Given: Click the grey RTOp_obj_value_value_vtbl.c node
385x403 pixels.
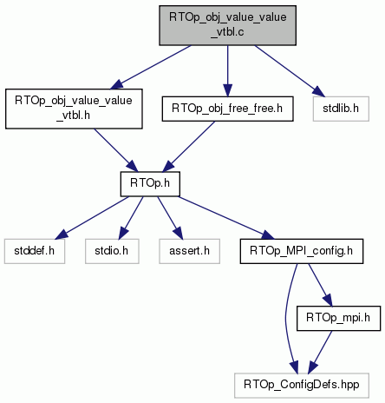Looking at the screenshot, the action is pyautogui.click(x=227, y=25).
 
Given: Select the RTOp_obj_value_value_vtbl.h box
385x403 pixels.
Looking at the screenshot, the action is pyautogui.click(x=74, y=109).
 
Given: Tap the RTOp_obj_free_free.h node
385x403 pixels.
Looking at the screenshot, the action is pyautogui.click(x=227, y=109).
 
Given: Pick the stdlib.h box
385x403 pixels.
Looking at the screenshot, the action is pyautogui.click(x=341, y=109).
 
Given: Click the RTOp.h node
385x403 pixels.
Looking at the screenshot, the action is pyautogui.click(x=150, y=184).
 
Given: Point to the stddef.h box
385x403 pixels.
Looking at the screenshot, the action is pyautogui.click(x=35, y=251).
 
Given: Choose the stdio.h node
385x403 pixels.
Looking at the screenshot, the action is pyautogui.click(x=112, y=251).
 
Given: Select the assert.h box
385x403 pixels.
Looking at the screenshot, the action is pyautogui.click(x=189, y=251).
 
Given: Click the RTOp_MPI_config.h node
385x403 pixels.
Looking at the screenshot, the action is pyautogui.click(x=302, y=251).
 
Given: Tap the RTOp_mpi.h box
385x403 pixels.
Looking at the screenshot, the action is pyautogui.click(x=338, y=318).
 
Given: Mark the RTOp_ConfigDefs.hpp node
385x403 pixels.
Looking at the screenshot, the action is pyautogui.click(x=302, y=386).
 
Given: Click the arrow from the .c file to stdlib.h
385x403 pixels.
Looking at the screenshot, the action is pyautogui.click(x=290, y=71).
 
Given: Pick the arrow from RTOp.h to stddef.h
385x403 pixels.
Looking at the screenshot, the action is pyautogui.click(x=92, y=218).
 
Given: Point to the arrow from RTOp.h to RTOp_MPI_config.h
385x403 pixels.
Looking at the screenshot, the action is pyautogui.click(x=226, y=218).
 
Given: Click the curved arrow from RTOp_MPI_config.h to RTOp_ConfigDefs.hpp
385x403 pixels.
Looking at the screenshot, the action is pyautogui.click(x=286, y=319).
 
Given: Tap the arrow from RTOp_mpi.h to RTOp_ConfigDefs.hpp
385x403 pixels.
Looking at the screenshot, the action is pyautogui.click(x=320, y=352).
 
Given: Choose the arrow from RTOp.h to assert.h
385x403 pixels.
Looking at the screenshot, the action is pyautogui.click(x=170, y=218).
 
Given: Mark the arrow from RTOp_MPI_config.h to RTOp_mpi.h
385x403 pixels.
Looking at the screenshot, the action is pyautogui.click(x=321, y=285).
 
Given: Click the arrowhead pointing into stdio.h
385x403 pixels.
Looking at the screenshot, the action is pyautogui.click(x=123, y=233).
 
